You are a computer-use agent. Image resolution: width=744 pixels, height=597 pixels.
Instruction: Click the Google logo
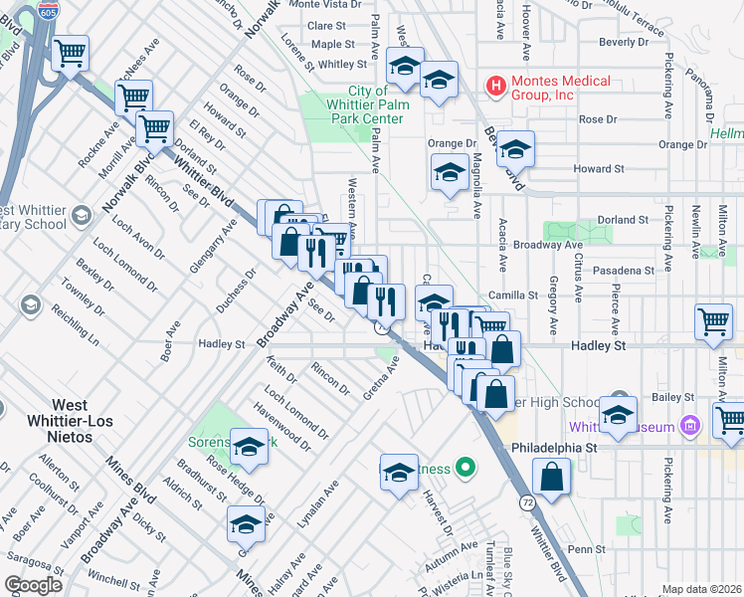coord(33,585)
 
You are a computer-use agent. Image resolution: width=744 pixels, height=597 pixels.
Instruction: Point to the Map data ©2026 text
coord(702,589)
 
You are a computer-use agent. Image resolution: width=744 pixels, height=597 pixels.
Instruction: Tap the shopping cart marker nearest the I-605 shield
coord(71,52)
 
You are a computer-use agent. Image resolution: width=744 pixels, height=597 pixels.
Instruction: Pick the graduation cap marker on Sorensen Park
coord(249,449)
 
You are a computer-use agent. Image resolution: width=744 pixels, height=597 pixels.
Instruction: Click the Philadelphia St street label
coord(555,448)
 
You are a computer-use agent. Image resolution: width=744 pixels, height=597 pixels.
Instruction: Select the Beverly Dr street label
coord(624,43)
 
